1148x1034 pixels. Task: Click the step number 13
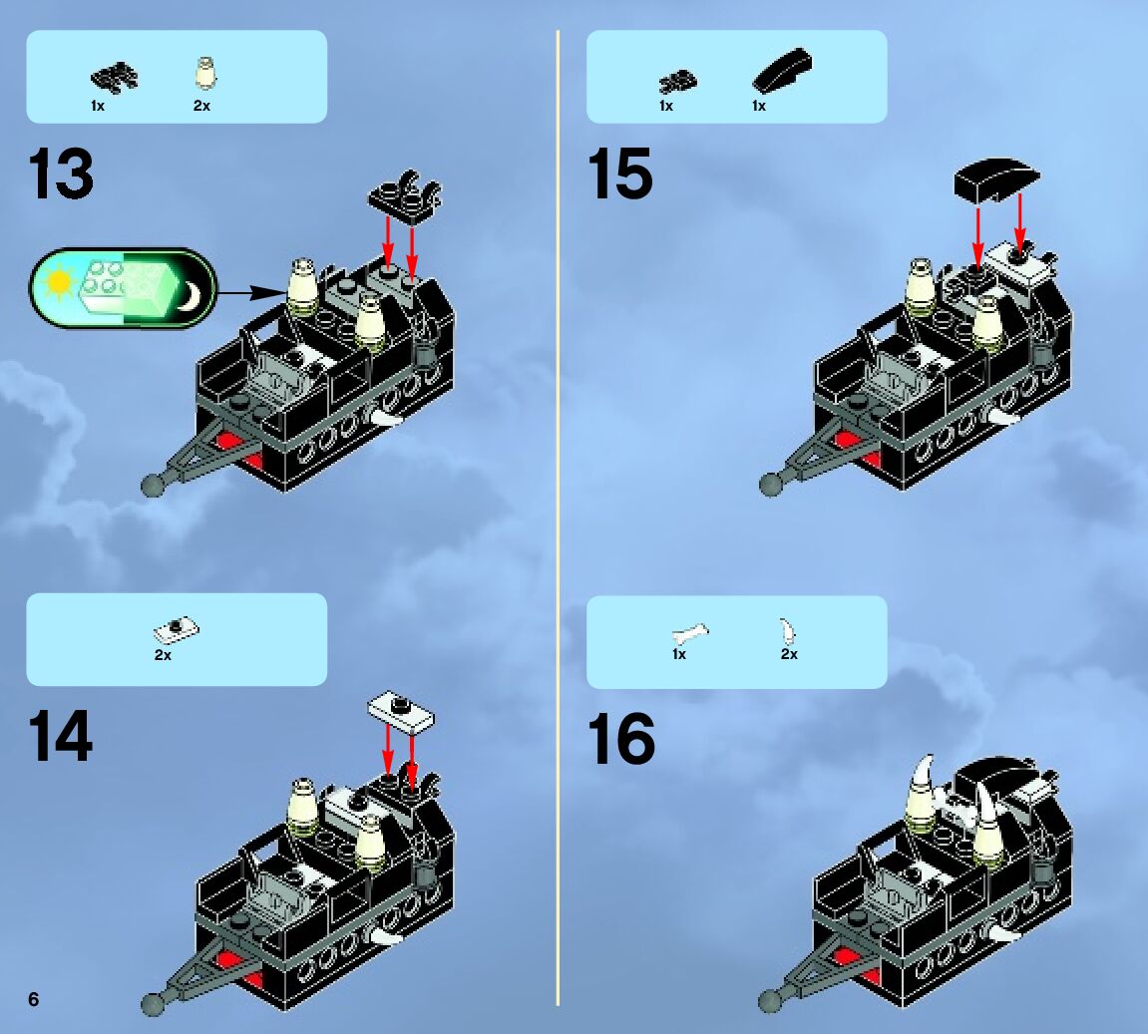(x=61, y=173)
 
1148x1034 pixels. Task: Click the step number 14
(x=61, y=736)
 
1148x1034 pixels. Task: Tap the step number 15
(x=620, y=173)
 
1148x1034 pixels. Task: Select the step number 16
(x=620, y=739)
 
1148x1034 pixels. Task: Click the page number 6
(x=34, y=1000)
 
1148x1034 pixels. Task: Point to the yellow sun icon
(x=58, y=283)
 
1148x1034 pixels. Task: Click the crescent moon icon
(x=191, y=295)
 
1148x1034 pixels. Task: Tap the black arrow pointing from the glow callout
(x=251, y=293)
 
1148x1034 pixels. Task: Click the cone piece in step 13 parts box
(x=205, y=73)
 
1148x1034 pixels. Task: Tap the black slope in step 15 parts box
(x=782, y=70)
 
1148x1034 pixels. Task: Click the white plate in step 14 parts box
(x=176, y=628)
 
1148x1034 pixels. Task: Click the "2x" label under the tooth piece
(x=789, y=654)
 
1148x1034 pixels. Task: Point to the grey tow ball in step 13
(x=152, y=486)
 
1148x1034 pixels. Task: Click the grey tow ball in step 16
(x=769, y=1000)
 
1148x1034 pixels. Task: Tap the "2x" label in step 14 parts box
(x=163, y=655)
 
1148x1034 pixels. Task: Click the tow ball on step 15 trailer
(x=769, y=485)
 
